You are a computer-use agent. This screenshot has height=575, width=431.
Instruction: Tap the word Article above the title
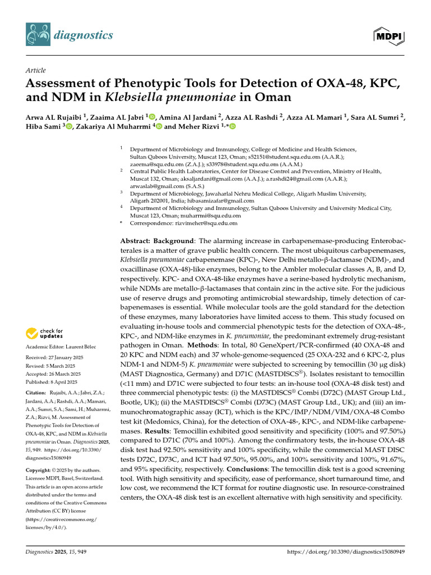(35, 70)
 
